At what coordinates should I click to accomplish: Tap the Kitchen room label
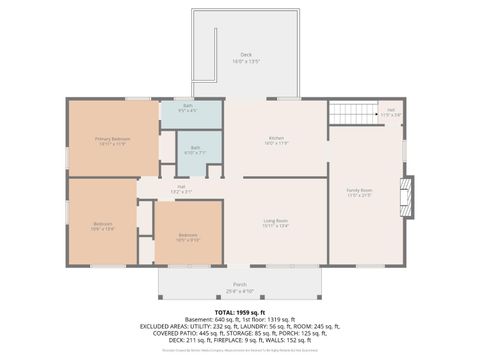[277, 138]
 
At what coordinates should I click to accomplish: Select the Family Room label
[359, 189]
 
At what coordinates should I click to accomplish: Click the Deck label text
[246, 54]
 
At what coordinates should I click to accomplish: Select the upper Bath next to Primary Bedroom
[188, 106]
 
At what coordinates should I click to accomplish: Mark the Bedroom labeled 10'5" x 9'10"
[187, 235]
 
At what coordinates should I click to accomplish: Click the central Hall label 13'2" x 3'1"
[182, 187]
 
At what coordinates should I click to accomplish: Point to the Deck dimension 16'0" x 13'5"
[246, 61]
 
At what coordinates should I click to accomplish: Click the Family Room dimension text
[359, 195]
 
